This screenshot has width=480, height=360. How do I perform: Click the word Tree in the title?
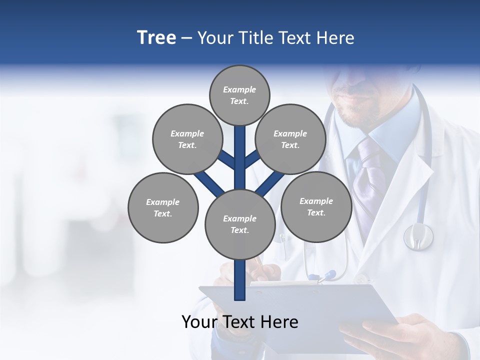point(156,37)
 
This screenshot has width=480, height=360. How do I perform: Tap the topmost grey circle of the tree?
point(239,95)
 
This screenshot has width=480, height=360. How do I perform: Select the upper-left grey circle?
point(187,139)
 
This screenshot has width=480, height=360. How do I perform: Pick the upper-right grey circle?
point(290,139)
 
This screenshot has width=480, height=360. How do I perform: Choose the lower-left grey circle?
point(163,207)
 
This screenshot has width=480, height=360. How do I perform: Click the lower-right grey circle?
point(316,206)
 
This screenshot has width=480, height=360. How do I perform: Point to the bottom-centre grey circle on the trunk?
point(240,224)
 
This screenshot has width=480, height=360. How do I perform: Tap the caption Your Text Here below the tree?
point(240,322)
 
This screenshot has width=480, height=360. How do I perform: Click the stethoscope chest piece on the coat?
point(418,236)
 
